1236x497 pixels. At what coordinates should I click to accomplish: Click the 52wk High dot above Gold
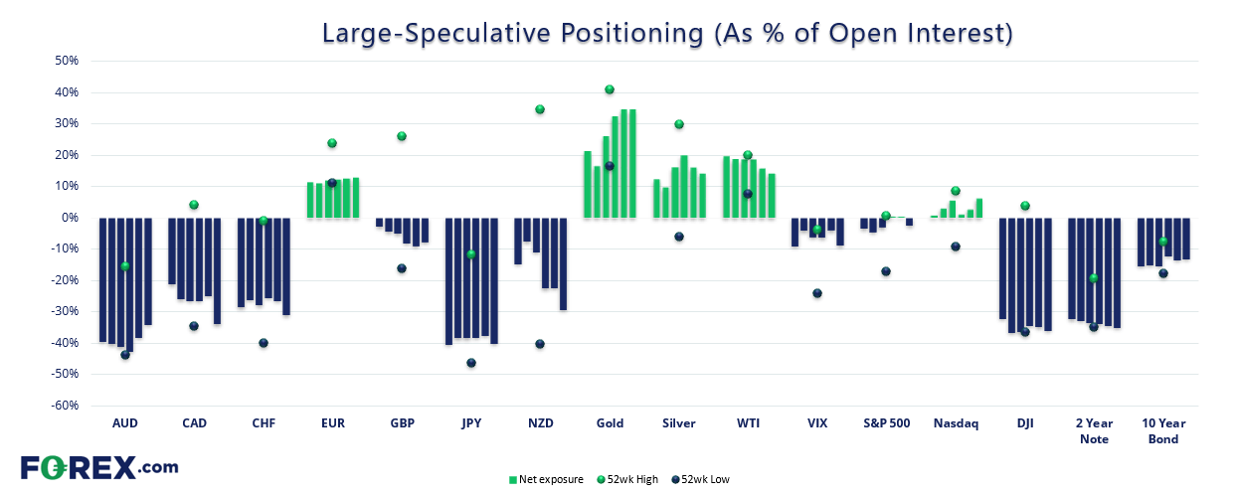(610, 89)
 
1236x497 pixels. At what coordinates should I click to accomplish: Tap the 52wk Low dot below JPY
(471, 363)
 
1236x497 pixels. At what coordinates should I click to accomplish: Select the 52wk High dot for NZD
(540, 109)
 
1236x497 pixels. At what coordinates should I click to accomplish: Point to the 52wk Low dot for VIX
(817, 293)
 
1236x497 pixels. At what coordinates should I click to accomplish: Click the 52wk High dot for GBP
(402, 136)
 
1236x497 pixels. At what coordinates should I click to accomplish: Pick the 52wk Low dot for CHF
(264, 343)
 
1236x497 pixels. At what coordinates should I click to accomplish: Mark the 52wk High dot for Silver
(679, 124)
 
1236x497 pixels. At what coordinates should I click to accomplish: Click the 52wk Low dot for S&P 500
(886, 271)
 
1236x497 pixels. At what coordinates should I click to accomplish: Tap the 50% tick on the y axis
(67, 61)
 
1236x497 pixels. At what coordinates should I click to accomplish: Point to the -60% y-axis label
(65, 406)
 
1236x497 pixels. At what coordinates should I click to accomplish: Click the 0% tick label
(70, 218)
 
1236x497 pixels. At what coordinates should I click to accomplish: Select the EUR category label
(333, 423)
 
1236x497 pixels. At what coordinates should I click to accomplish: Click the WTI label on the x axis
(748, 423)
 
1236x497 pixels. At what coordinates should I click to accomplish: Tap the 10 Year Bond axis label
(1163, 430)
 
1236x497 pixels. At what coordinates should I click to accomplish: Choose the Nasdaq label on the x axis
(956, 423)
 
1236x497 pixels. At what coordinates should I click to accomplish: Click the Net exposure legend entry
(546, 479)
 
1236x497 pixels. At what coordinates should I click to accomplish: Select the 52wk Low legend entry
(700, 479)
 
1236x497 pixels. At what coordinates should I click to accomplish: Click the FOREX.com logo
(99, 468)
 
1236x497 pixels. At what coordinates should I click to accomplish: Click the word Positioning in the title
(631, 33)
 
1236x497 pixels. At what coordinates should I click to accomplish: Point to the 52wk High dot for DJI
(1024, 206)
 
